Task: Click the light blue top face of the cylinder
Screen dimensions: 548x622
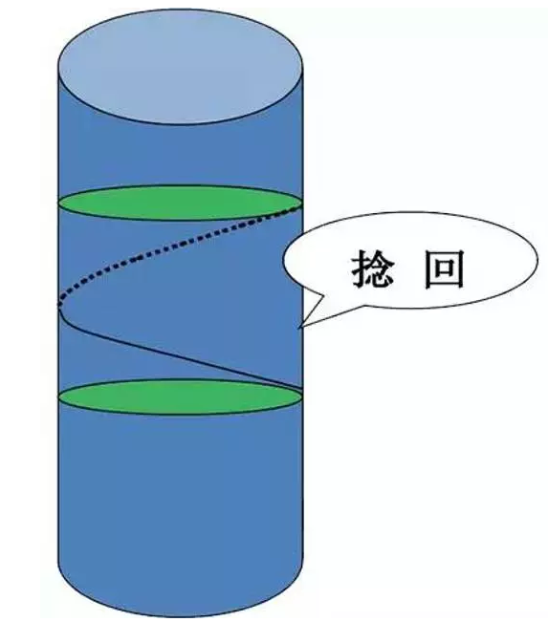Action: tap(181, 66)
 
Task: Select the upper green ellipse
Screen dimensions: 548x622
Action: tap(181, 203)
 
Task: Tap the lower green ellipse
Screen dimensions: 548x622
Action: tap(181, 397)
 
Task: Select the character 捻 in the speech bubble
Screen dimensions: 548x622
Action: tap(372, 268)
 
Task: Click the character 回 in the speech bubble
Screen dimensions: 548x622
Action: tap(445, 268)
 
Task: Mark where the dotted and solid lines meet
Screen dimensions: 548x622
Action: tap(58, 306)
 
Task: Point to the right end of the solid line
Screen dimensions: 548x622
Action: tap(303, 387)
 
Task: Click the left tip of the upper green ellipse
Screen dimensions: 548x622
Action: tap(59, 204)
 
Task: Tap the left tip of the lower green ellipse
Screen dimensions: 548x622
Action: tap(59, 397)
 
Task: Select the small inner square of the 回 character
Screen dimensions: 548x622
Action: tap(445, 268)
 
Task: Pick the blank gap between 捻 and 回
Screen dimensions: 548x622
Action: tap(409, 268)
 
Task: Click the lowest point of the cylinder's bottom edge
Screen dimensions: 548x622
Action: tap(181, 617)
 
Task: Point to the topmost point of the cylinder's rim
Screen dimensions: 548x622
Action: tap(181, 9)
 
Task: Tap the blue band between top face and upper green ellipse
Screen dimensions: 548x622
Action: tap(181, 155)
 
